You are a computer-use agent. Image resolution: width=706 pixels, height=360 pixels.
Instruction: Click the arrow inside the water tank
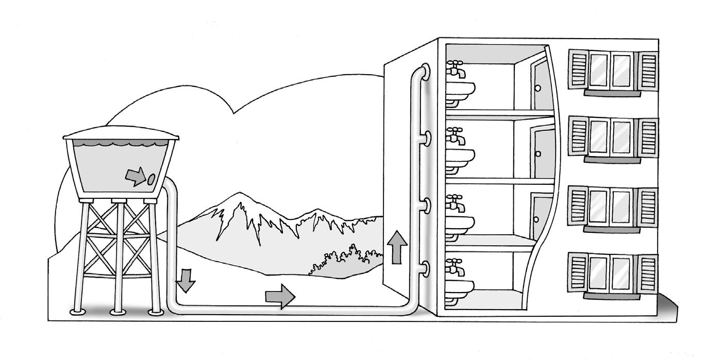pos(135,177)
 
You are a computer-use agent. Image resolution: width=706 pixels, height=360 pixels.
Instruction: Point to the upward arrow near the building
pos(396,247)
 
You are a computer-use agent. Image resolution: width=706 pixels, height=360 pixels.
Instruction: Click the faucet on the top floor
pos(455,68)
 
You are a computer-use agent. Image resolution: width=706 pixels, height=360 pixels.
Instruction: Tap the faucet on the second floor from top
pos(455,135)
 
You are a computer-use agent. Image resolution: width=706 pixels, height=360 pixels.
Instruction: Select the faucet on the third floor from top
pos(455,203)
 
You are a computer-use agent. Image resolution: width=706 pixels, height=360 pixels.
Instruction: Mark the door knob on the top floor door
pos(537,88)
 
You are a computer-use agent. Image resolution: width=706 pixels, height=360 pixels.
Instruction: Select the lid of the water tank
pos(121,135)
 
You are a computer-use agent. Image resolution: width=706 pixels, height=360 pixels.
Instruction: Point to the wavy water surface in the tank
pos(121,146)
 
